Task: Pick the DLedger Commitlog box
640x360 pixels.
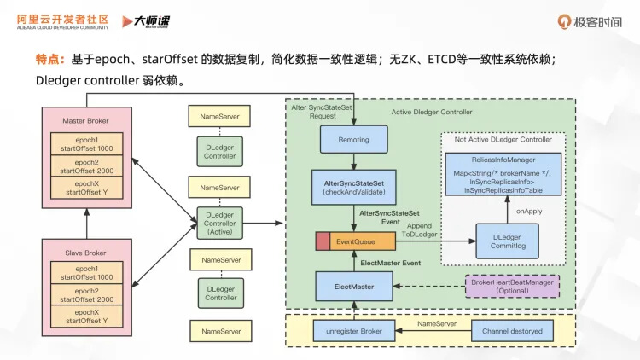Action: [x=507, y=241]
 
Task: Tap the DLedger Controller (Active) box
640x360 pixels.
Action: [x=220, y=223]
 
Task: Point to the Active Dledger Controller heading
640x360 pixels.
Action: [x=431, y=113]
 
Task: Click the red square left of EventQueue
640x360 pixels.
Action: [x=323, y=242]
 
